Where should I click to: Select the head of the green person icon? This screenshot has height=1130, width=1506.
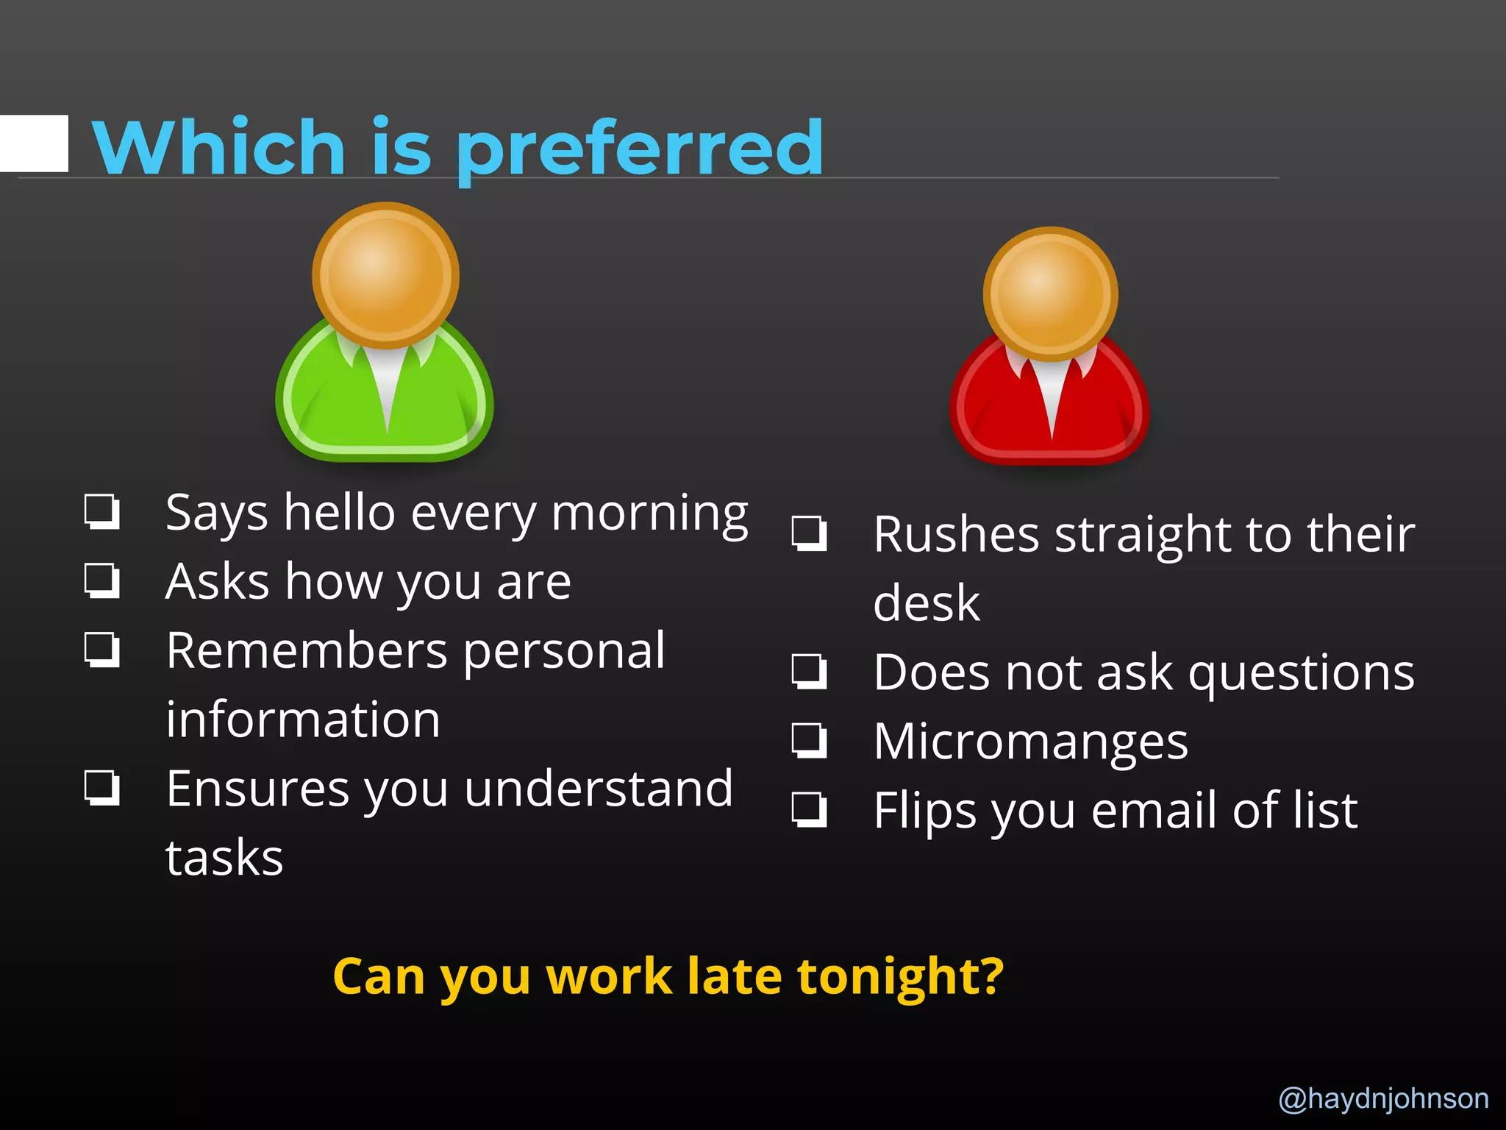[x=385, y=275]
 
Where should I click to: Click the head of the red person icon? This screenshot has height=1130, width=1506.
[x=1051, y=294]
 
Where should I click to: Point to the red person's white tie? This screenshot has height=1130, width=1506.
[x=1052, y=401]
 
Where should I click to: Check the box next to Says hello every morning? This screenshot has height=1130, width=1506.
[x=101, y=511]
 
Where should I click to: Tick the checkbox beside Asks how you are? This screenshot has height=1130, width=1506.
[x=101, y=580]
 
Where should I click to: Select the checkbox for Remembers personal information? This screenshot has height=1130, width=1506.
[x=101, y=650]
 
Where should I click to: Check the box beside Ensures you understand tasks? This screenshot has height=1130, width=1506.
[x=101, y=788]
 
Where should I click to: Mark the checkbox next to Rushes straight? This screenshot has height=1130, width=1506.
[x=809, y=533]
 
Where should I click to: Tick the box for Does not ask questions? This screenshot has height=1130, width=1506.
[x=809, y=671]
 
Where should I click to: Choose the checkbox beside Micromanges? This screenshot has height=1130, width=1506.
[x=809, y=740]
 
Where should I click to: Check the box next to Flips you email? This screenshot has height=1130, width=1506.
[x=809, y=809]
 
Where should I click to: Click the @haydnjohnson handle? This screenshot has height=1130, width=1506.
[x=1383, y=1098]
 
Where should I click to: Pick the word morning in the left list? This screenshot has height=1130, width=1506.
[x=650, y=514]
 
